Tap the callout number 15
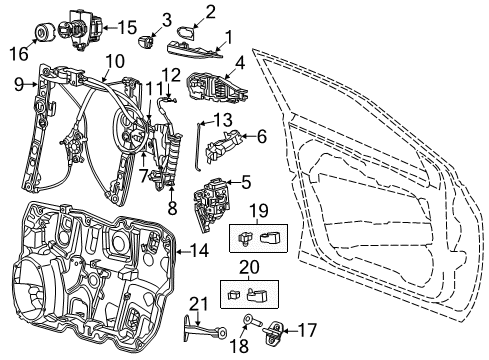(x=128, y=27)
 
